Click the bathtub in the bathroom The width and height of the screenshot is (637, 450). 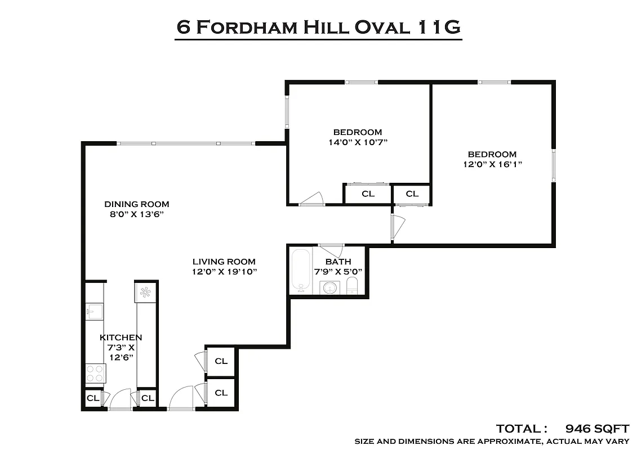[x=301, y=271]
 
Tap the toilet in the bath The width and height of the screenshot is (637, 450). [x=353, y=286]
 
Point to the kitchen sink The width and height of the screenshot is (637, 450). [x=94, y=311]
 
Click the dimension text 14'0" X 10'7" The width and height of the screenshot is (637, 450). [x=358, y=142]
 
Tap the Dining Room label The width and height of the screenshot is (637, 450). [x=136, y=204]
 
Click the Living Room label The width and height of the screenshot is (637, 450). [x=224, y=262]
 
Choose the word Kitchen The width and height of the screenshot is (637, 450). [x=121, y=337]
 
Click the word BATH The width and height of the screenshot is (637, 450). [x=338, y=262]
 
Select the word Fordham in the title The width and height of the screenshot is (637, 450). [x=245, y=27]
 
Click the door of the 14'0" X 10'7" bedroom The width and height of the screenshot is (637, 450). [x=312, y=199]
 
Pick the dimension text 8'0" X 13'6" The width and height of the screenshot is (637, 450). [x=136, y=214]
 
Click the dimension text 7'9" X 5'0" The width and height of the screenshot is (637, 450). [x=338, y=271]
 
